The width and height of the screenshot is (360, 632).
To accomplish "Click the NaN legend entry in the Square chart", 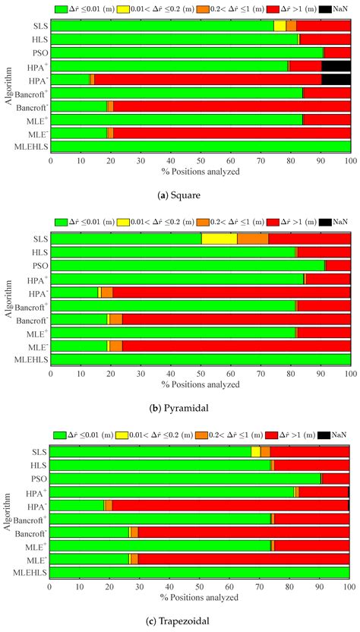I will pyautogui.click(x=334, y=8).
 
